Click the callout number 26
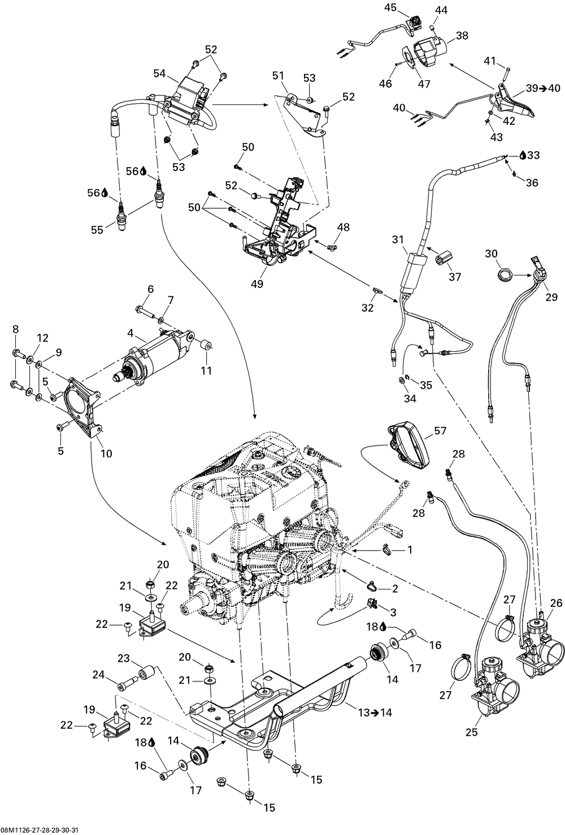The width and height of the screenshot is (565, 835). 557,602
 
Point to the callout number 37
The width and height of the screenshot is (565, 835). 454,277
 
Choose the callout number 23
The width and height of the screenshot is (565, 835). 124,658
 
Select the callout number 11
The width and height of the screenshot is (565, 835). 207,370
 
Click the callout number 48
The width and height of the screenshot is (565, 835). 343,226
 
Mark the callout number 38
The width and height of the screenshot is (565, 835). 462,35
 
